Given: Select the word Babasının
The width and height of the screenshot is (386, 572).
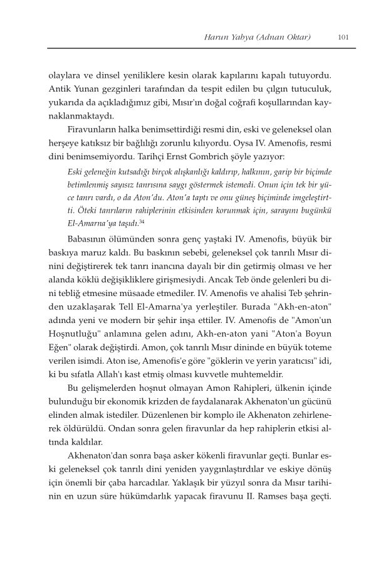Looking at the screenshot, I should [91, 239].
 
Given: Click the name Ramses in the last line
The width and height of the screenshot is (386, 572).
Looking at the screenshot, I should [292, 504].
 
